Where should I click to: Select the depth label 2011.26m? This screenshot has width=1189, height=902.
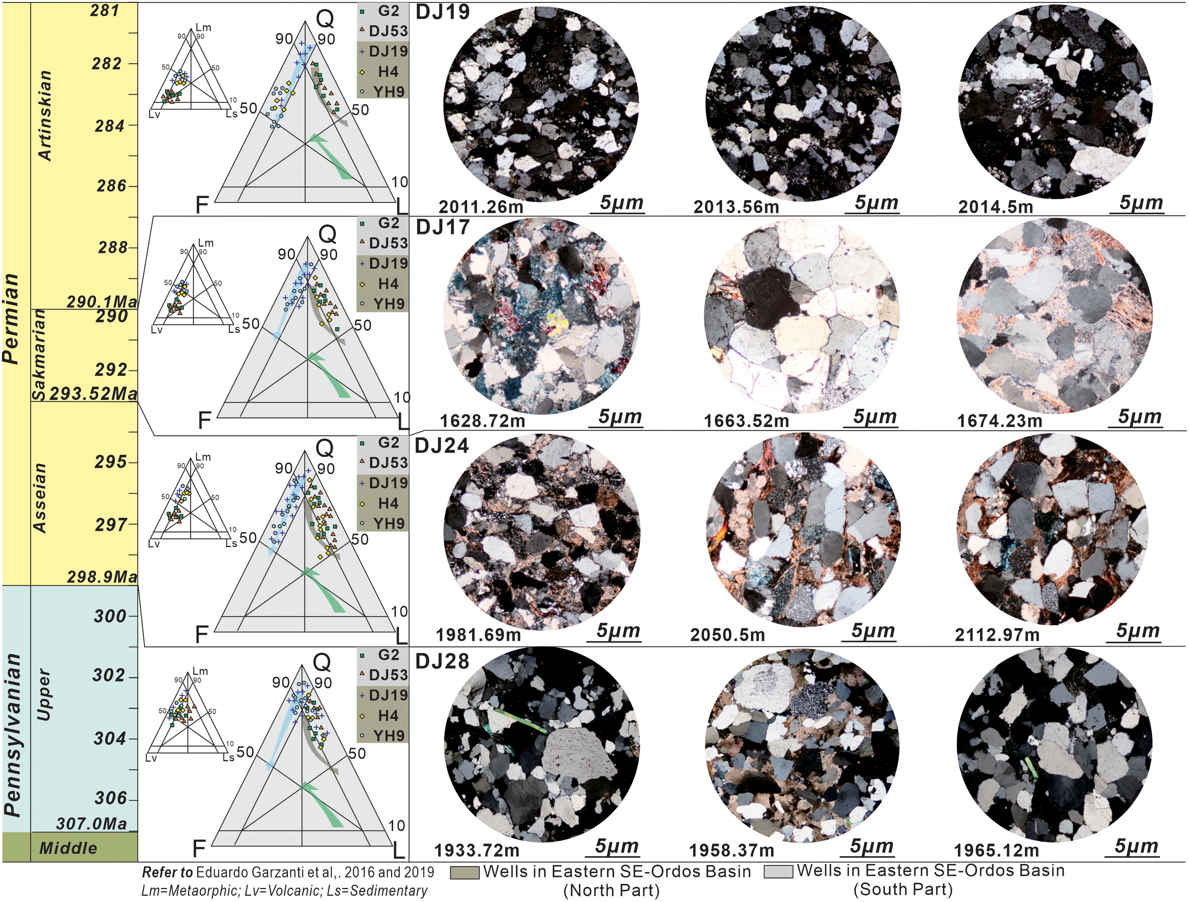[481, 207]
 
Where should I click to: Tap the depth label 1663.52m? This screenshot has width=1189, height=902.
[747, 420]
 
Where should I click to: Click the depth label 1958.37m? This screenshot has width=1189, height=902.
[731, 850]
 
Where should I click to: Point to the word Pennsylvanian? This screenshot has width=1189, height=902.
[13, 736]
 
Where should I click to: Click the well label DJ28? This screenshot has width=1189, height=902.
[442, 661]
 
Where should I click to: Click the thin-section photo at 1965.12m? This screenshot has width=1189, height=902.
[1054, 745]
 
